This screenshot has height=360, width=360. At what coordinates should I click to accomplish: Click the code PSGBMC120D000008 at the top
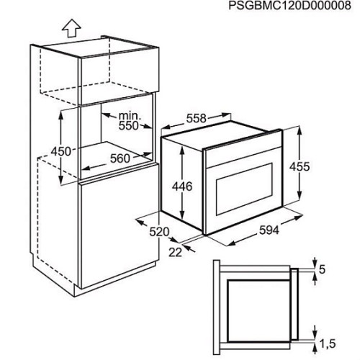(290, 6)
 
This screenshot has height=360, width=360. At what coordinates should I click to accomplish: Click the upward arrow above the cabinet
(71, 28)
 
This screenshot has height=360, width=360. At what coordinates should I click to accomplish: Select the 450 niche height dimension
(61, 152)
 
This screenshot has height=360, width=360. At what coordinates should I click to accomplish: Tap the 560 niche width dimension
(120, 158)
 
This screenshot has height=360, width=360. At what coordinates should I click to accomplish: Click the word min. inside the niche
(130, 116)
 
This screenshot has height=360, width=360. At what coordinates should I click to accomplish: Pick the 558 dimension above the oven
(197, 119)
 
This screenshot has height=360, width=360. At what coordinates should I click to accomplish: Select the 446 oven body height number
(182, 186)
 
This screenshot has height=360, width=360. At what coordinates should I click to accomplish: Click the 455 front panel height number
(300, 166)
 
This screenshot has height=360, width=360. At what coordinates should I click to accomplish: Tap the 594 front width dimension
(269, 230)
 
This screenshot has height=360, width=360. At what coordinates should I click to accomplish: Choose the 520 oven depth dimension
(159, 232)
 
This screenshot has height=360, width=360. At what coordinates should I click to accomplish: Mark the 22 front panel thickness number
(175, 252)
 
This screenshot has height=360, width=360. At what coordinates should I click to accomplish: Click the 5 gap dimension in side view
(322, 269)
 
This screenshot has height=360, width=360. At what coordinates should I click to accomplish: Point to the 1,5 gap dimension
(328, 343)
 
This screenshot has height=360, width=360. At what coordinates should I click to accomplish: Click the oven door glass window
(244, 189)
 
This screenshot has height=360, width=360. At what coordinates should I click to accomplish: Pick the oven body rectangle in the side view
(258, 310)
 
